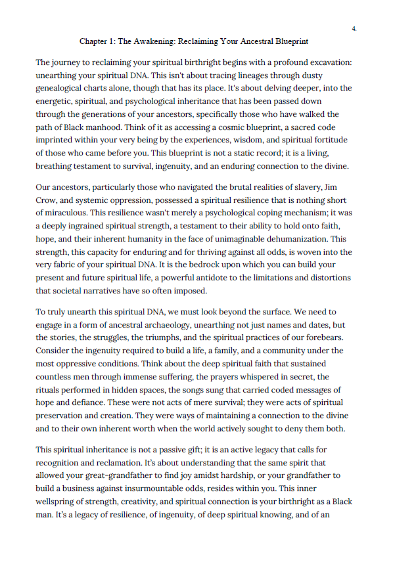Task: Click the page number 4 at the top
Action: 354,29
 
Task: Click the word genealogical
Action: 61,87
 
